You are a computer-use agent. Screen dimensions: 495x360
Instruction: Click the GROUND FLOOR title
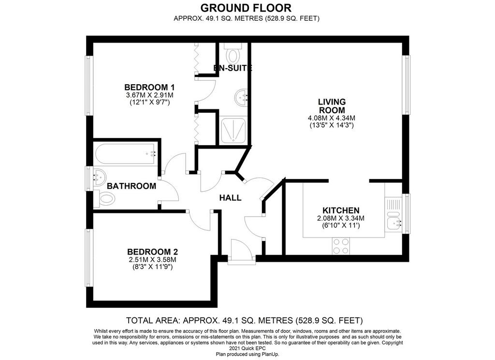[x=246, y=7]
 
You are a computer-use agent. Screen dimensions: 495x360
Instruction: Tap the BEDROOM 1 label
[x=149, y=87]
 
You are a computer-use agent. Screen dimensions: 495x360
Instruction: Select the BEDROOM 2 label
[x=152, y=252]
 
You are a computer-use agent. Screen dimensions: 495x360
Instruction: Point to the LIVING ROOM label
[x=332, y=106]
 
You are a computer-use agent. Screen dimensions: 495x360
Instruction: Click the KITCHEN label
[x=341, y=210]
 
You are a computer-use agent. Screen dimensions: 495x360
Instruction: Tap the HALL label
[x=231, y=198]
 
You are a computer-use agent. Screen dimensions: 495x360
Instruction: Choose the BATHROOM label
[x=131, y=186]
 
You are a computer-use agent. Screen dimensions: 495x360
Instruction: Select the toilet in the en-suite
[x=233, y=53]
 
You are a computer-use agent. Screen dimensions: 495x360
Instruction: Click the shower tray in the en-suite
[x=233, y=130]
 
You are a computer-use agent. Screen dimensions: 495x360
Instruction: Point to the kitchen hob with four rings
[x=341, y=246]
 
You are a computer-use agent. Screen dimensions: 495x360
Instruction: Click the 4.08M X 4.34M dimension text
[x=332, y=118]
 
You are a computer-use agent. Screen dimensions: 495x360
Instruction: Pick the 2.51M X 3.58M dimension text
[x=152, y=260]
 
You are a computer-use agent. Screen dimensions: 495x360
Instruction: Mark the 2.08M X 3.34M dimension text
[x=341, y=218]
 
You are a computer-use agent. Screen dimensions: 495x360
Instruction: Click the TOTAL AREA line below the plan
[x=245, y=320]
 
